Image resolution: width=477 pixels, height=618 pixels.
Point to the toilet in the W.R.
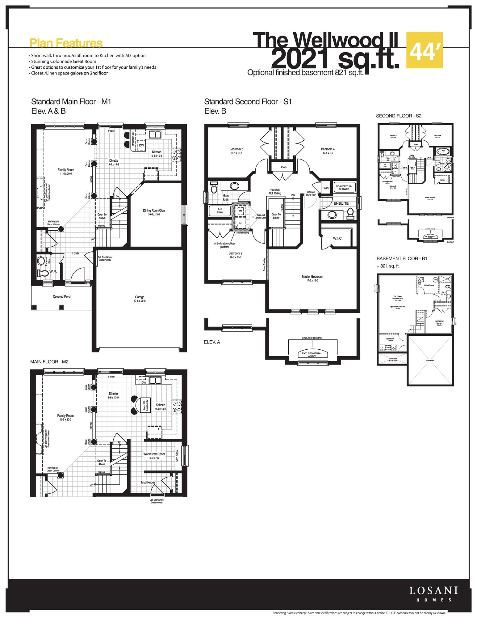pos(42,273)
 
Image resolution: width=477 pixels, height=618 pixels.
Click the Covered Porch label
pos(62,296)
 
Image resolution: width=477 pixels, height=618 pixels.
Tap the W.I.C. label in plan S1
pos(337,238)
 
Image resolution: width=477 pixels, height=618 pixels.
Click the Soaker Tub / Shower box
pos(344,188)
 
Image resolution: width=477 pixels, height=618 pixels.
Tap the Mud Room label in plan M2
pos(148,482)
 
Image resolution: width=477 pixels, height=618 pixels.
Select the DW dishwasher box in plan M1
pos(141,145)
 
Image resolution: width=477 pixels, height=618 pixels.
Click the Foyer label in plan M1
pos(76,253)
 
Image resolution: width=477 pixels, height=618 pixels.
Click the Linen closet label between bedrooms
pos(283,167)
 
